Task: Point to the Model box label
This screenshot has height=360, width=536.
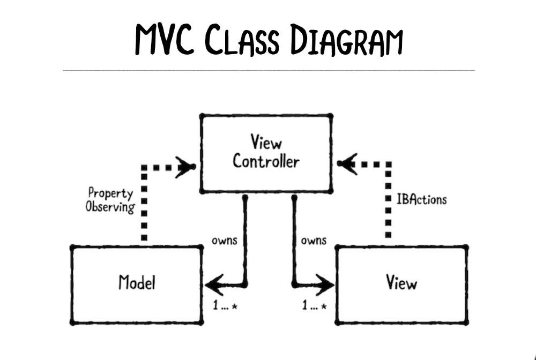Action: [x=136, y=282]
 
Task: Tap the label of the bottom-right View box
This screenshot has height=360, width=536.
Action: [x=401, y=282]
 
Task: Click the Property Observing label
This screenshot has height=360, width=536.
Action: [x=111, y=199]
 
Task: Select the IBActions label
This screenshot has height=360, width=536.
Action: [x=421, y=200]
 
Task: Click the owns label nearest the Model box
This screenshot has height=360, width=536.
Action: [x=225, y=240]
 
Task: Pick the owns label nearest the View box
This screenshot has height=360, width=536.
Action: [x=314, y=240]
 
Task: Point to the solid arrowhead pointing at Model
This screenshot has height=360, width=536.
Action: [x=214, y=282]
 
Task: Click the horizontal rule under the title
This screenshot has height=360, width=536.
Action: [x=268, y=70]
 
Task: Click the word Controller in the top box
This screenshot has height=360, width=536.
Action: [x=266, y=161]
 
